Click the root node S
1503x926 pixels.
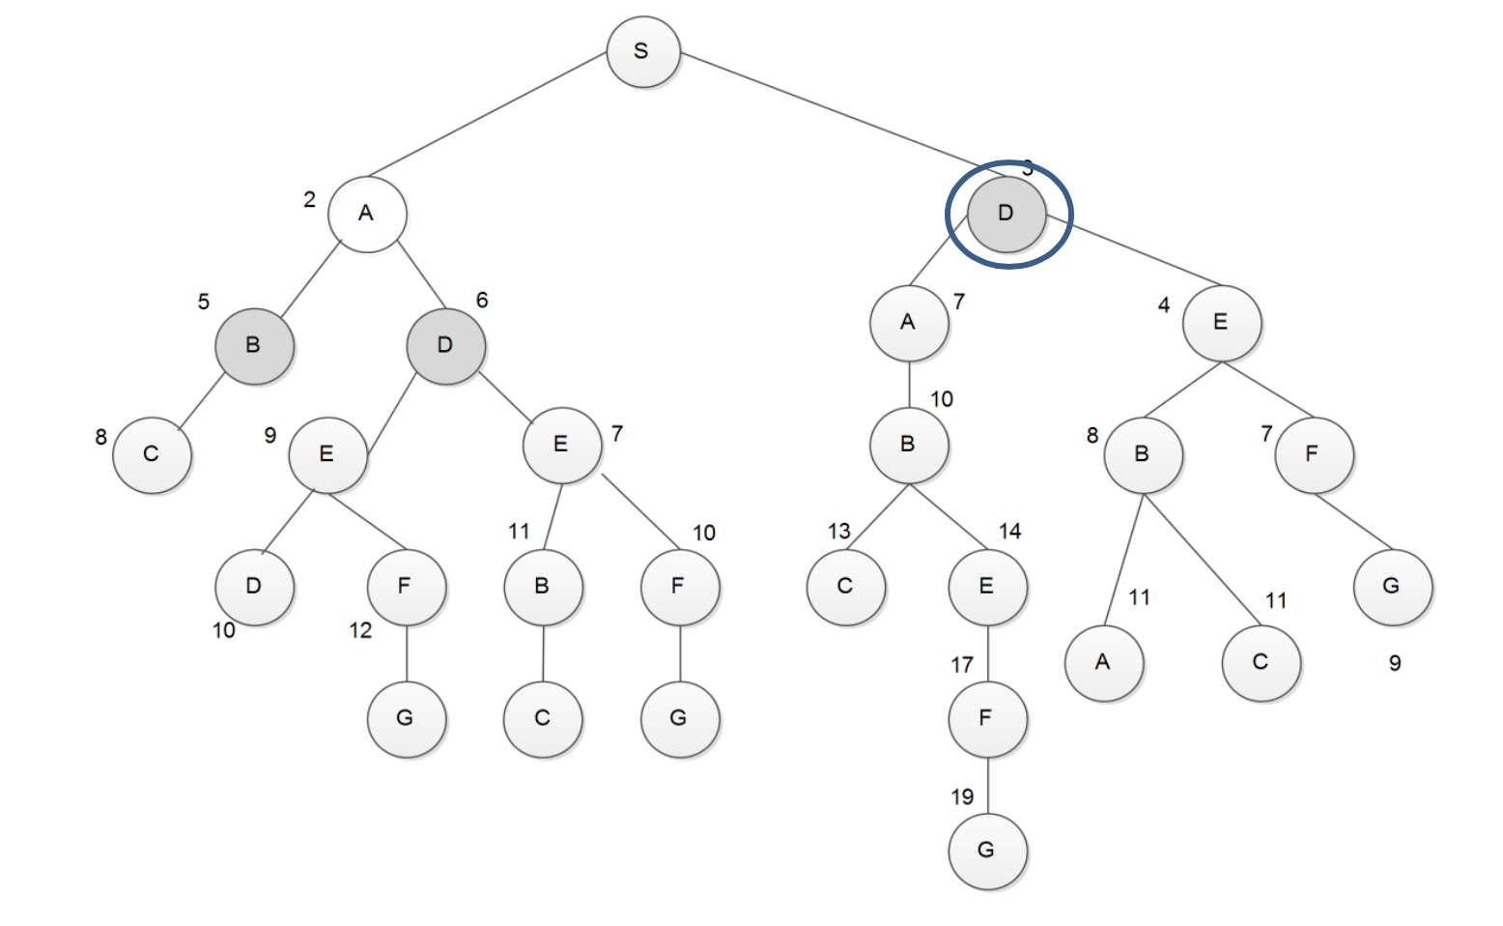tap(643, 52)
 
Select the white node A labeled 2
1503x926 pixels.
tap(367, 214)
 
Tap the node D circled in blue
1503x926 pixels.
tap(1007, 214)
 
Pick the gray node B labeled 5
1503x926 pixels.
tap(254, 346)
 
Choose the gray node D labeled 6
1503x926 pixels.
tap(445, 346)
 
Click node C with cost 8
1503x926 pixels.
tap(152, 454)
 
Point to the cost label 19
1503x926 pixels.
tap(962, 797)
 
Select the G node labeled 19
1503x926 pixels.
tap(987, 851)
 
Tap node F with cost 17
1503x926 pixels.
tap(987, 718)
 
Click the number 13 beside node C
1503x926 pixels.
tap(839, 532)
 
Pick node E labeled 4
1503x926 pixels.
tap(1222, 323)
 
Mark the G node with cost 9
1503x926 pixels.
tap(1392, 587)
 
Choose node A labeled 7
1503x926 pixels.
tap(909, 323)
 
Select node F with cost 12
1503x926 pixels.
tap(406, 587)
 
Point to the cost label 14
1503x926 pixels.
tap(1010, 532)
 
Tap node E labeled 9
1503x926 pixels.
tap(327, 454)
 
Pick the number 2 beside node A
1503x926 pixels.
tap(309, 200)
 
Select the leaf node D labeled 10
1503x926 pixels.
tap(254, 587)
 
